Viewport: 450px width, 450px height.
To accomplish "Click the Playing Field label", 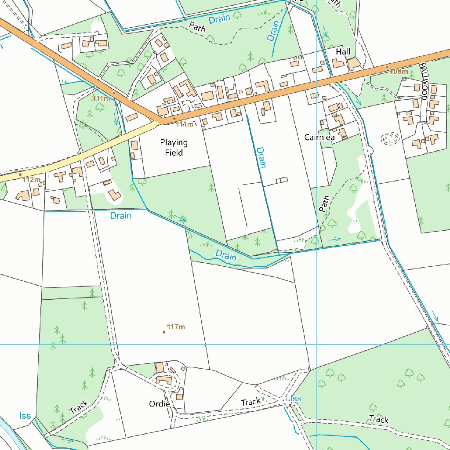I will point(174,148).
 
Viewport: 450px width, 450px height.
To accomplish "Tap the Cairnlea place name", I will point(319,138).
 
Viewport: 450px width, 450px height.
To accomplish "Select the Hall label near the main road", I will point(343,52).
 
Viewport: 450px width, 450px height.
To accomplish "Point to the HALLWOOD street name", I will point(424,81).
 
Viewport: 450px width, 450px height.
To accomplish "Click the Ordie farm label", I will point(159,403).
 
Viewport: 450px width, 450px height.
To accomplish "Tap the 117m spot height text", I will point(176,327).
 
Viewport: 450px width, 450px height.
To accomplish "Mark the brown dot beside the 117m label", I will point(164,332).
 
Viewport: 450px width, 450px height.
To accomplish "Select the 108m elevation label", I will point(399,71).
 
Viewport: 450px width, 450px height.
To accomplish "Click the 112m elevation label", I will point(32,179).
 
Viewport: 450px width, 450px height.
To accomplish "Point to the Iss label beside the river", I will point(25,416).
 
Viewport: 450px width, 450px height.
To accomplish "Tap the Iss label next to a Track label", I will point(296,398).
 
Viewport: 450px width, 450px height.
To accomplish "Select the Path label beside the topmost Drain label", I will point(197,26).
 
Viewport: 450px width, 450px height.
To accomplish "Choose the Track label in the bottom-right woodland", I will point(378,419).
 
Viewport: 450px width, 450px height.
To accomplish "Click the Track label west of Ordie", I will point(79,407).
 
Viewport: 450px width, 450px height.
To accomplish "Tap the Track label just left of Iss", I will point(250,402).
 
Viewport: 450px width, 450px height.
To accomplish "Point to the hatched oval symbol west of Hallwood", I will point(389,139).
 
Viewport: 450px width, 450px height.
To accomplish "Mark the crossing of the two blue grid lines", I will point(317,344).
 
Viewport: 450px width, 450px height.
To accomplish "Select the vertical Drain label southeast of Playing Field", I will point(262,157).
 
